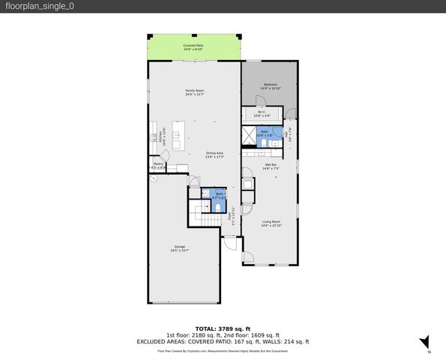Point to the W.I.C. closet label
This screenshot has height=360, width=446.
click(262, 114)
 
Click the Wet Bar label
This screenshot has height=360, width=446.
click(271, 166)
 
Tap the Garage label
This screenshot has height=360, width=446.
click(180, 248)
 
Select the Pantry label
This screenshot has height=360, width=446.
click(158, 165)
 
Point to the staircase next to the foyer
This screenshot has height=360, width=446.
click(200, 211)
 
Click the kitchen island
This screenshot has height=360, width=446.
click(177, 135)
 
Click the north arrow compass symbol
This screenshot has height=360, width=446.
click(424, 342)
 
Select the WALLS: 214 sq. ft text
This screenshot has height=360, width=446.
click(288, 341)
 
